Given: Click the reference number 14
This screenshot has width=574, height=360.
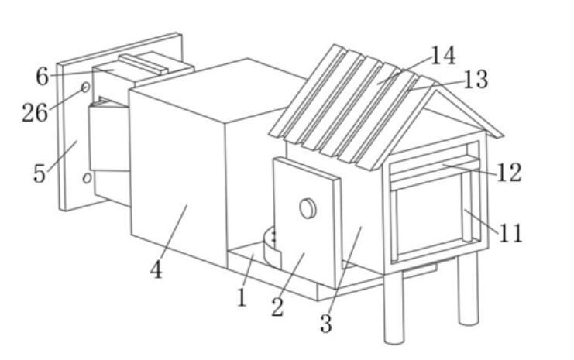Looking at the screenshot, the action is pos(444,55).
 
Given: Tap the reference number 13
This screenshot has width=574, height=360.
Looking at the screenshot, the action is pos(476,80).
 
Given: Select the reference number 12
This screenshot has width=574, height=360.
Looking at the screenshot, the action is pos(509,173).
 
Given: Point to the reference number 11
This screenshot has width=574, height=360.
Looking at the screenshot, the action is pos(511,233).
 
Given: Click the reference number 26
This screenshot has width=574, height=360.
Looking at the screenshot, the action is pos(35,112).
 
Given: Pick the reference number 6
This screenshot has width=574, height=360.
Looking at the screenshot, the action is pos(42,77).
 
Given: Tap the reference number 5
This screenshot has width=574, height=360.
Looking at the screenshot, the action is pos(40,173).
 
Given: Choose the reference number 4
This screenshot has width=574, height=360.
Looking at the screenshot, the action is pos(156,270).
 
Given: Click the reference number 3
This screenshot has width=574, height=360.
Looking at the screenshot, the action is pos(326,324).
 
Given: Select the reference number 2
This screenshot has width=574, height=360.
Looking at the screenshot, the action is pos(277,307).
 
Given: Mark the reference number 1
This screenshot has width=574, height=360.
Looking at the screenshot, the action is pos(241,297).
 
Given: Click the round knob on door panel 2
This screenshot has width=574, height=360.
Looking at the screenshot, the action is pos(308,208).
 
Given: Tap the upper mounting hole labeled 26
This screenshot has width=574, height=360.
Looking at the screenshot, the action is pos(86,87).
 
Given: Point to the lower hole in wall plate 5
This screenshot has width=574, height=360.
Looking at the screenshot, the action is pos(87,178).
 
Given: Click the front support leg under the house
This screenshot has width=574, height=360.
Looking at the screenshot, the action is pos(394,307).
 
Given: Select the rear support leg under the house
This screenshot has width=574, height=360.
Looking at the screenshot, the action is pos(468,288).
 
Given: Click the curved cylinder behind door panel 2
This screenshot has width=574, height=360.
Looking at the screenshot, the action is pos(272,248).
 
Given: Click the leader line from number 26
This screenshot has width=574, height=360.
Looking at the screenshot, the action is pos(65,99).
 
